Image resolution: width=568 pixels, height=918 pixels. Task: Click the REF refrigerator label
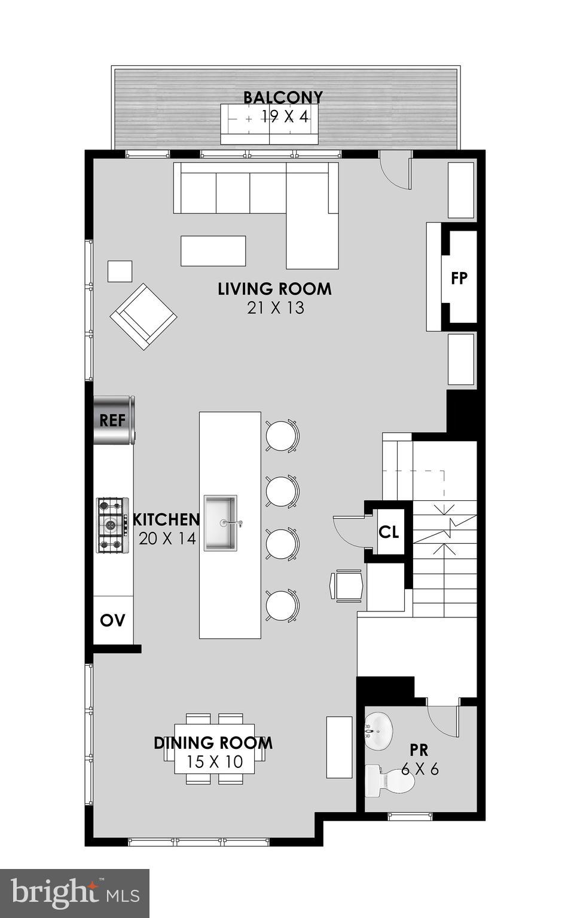click(112, 420)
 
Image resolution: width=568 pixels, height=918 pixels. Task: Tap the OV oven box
click(113, 620)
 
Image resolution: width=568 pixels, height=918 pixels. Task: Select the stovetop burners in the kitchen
click(112, 525)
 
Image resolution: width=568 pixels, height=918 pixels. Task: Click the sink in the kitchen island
click(221, 523)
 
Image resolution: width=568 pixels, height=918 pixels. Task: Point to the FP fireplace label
click(459, 278)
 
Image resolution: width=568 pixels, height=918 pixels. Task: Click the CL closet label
click(389, 531)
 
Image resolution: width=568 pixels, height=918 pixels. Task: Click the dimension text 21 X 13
click(275, 308)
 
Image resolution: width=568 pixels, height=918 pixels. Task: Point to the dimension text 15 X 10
click(215, 762)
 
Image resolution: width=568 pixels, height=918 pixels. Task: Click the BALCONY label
click(283, 97)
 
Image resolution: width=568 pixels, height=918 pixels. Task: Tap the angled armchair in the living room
click(143, 316)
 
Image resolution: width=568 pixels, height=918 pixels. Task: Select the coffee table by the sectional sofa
click(213, 251)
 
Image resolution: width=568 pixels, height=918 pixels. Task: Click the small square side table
click(120, 271)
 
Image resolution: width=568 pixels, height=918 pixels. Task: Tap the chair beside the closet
click(347, 585)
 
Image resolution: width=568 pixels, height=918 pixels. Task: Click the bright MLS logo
click(75, 893)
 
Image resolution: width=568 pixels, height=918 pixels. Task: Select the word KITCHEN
click(166, 519)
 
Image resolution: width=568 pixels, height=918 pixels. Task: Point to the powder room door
click(442, 723)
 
